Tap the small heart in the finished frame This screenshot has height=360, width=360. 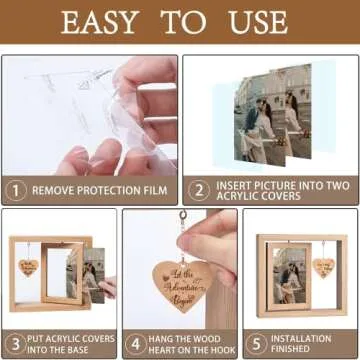[322, 267]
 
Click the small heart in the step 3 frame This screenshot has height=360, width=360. [28, 268]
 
